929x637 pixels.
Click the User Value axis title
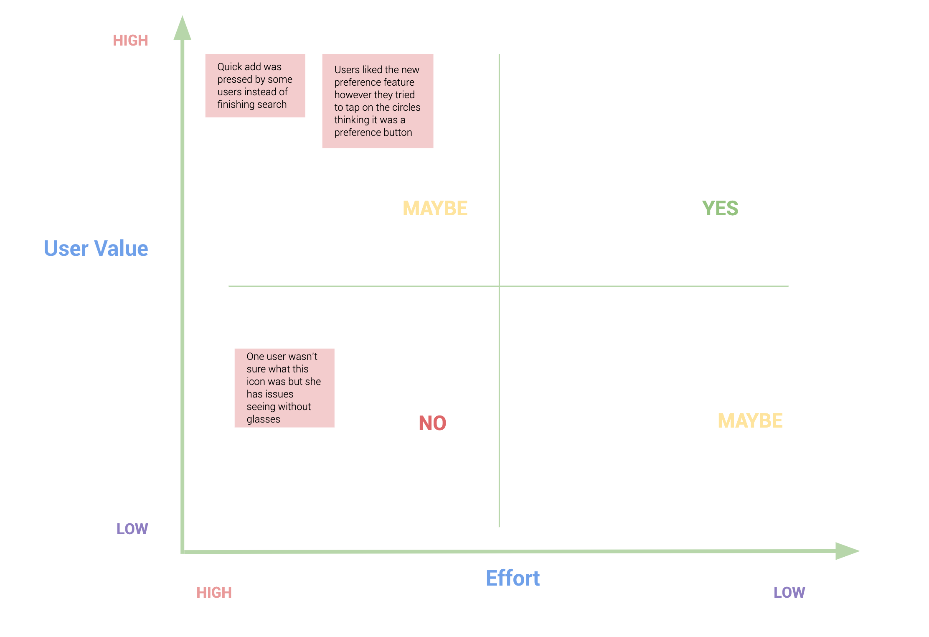96,248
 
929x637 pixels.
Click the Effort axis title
513,578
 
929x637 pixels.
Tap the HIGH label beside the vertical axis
130,41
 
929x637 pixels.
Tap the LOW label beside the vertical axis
132,529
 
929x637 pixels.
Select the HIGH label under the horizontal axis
214,592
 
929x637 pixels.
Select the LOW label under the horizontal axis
789,592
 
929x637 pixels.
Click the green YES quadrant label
720,208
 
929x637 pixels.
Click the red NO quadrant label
432,423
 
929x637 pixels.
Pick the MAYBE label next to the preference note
435,208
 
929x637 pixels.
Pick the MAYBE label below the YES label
750,420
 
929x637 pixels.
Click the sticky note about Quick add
255,86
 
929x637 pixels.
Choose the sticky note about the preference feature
378,101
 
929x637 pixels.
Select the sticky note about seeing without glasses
284,388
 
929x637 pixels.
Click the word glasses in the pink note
263,420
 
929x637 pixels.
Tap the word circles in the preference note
406,107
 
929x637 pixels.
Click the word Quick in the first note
230,67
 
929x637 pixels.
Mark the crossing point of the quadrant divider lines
499,286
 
